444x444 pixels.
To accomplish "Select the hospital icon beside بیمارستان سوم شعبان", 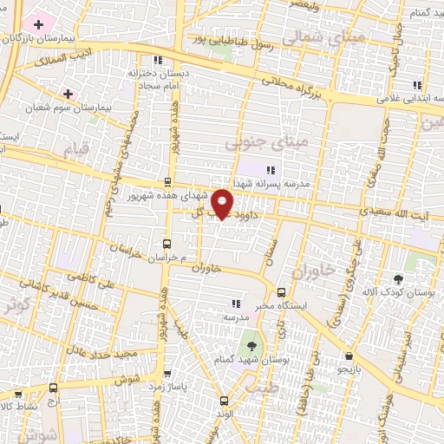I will click(68, 93).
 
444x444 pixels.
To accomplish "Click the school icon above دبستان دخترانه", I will click(157, 60).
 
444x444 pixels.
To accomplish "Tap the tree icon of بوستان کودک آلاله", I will click(398, 279).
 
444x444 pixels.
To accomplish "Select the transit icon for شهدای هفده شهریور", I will click(167, 182).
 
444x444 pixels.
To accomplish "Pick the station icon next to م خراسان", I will click(167, 244).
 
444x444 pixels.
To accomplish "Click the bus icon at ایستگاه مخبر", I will click(281, 291).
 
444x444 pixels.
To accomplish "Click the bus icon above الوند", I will click(224, 400).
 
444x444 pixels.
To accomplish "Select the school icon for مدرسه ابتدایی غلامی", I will click(417, 85).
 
